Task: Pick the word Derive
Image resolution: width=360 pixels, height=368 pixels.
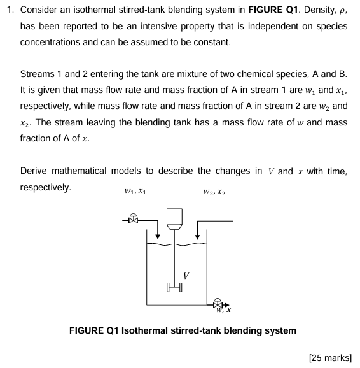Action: tap(34, 171)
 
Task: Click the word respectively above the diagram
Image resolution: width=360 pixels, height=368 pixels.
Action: tap(45, 187)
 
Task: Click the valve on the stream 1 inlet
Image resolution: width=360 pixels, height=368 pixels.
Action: tap(134, 220)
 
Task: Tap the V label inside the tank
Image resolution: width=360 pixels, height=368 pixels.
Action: tap(185, 275)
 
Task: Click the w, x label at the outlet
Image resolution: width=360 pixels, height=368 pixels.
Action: tap(223, 311)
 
